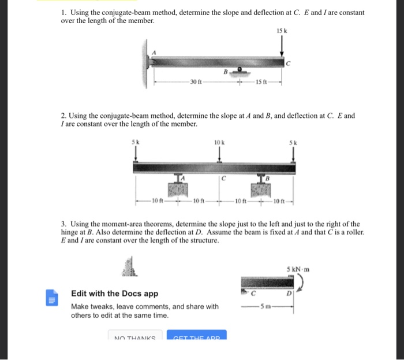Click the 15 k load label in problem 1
(x=282, y=30)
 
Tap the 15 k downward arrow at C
(x=282, y=45)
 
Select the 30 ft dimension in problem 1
(x=195, y=81)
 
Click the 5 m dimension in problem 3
(x=266, y=306)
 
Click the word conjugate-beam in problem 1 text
(x=122, y=12)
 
